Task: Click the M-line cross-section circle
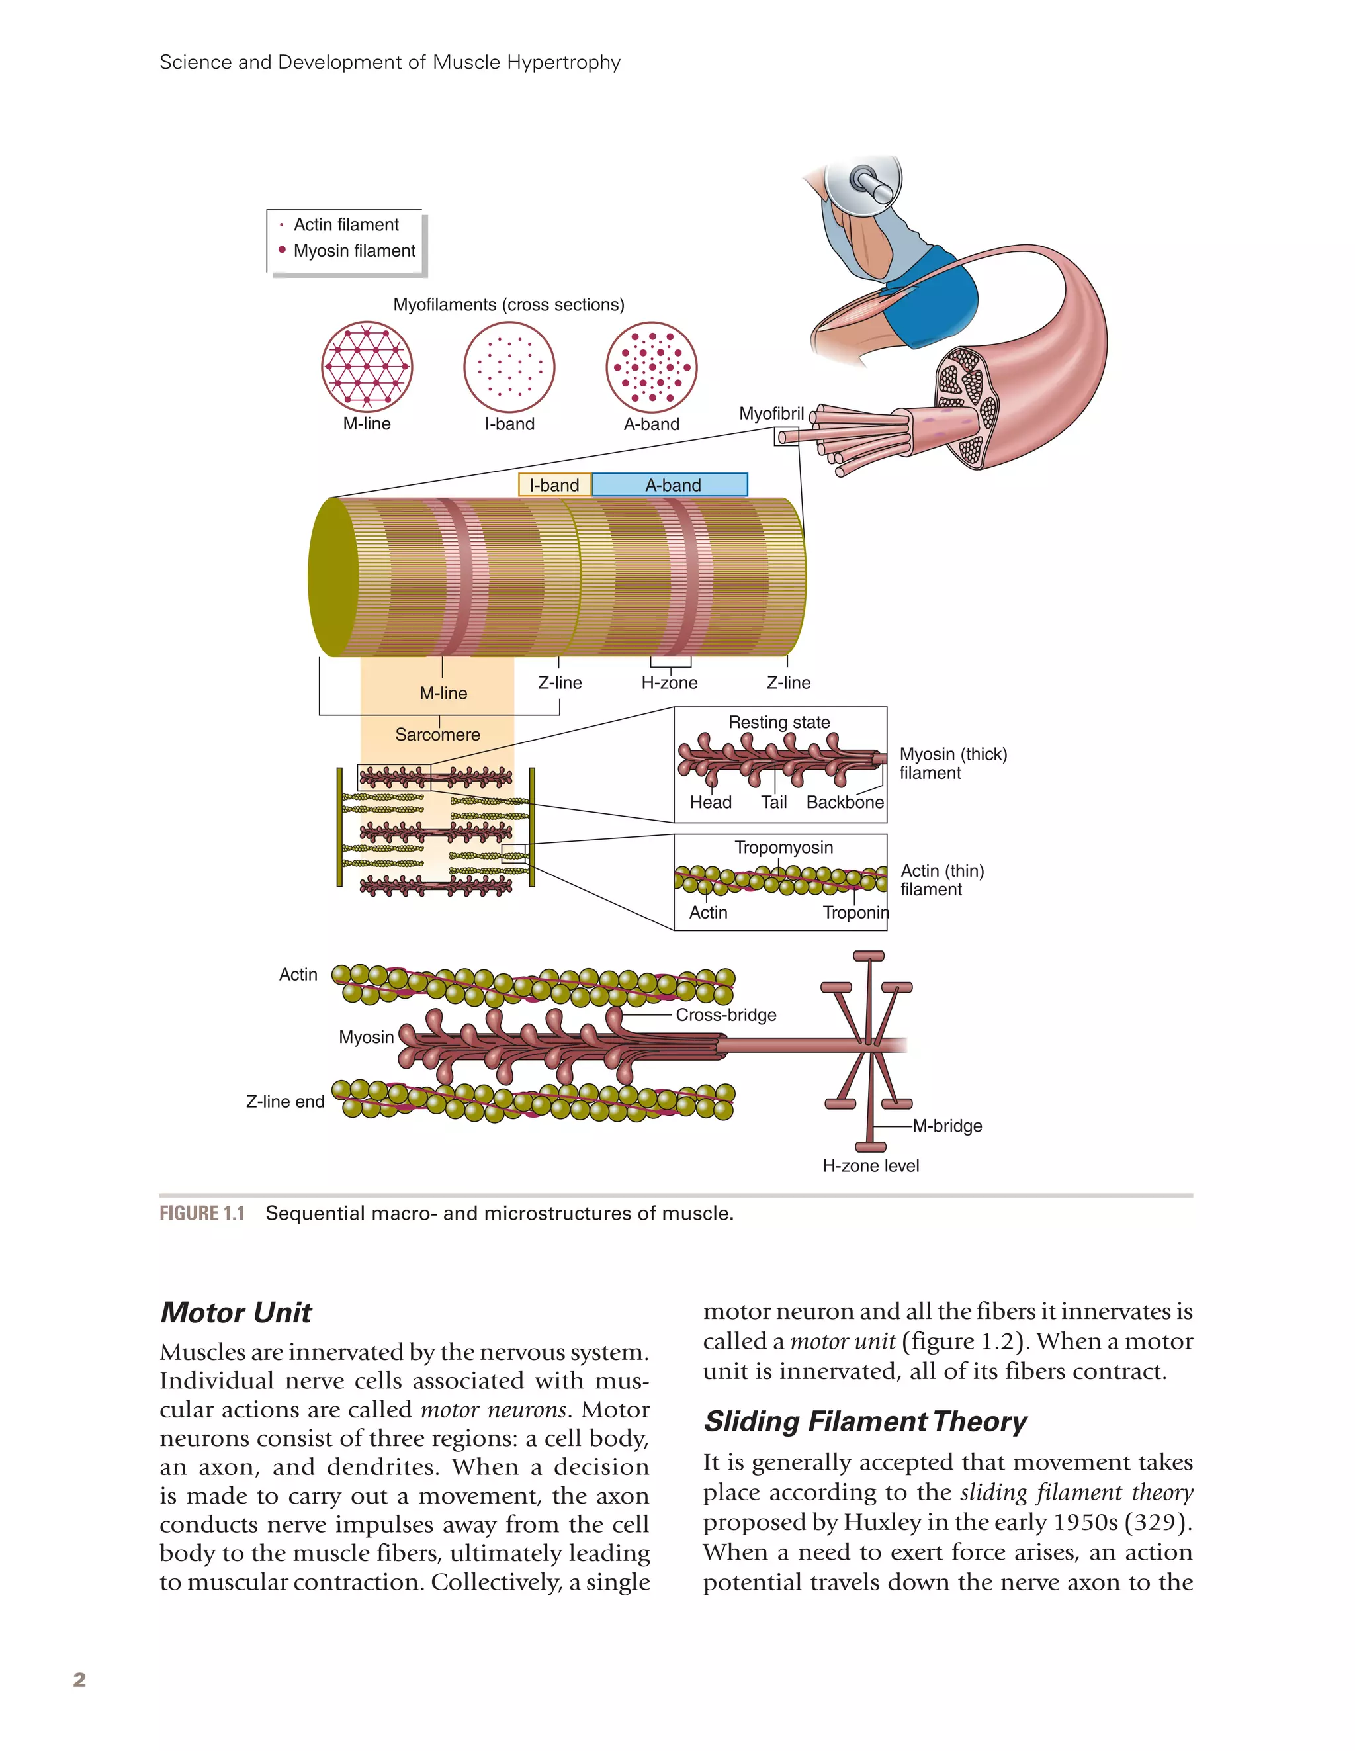[367, 367]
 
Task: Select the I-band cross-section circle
[509, 367]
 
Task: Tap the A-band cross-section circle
[651, 367]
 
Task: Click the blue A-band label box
[670, 485]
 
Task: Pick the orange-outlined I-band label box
[554, 485]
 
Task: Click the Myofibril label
[771, 414]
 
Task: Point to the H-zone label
[670, 682]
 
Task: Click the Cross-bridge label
[726, 1015]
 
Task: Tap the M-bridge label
[947, 1126]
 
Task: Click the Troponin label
[855, 913]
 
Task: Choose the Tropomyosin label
[783, 848]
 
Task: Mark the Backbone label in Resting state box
[844, 803]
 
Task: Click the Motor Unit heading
[236, 1312]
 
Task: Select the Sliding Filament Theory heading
[864, 1421]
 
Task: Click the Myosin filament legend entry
[353, 251]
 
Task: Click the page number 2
[79, 1680]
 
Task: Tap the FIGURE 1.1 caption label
[202, 1214]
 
